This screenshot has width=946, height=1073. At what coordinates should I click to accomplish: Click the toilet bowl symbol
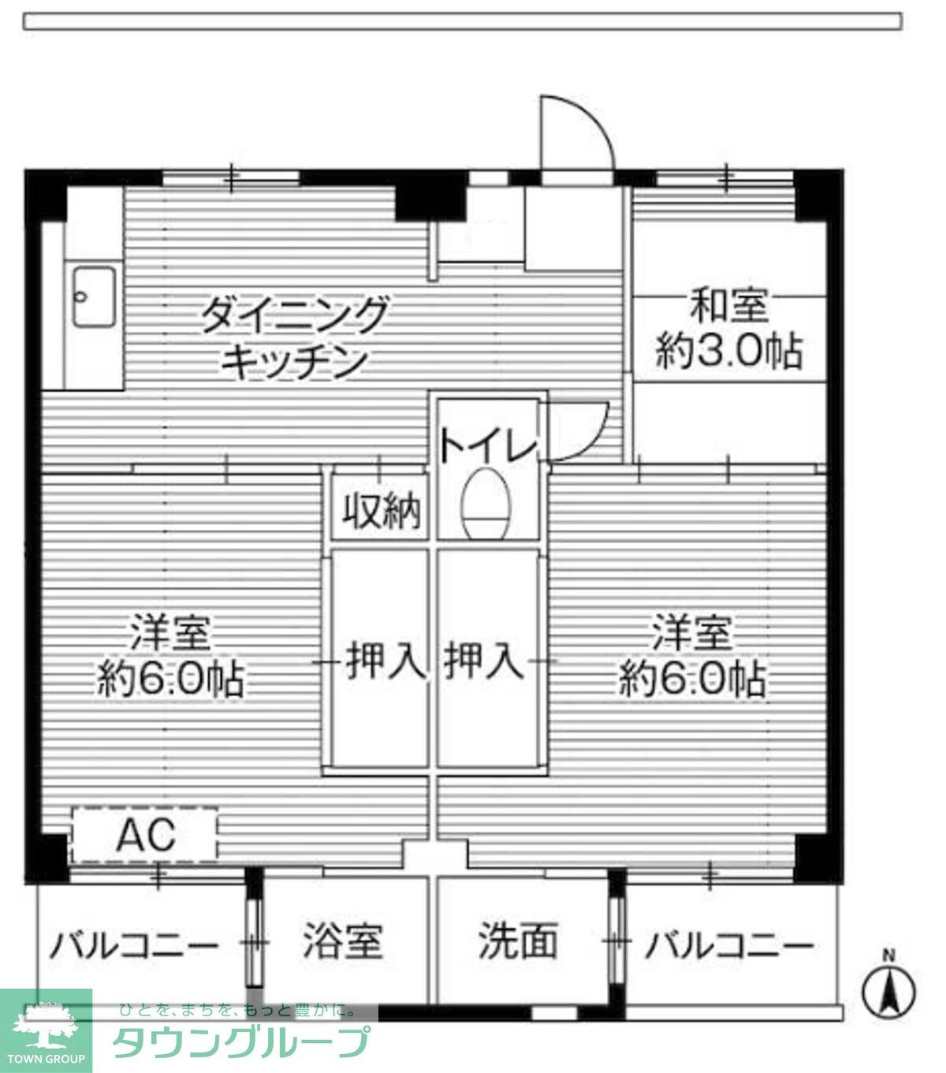pyautogui.click(x=486, y=504)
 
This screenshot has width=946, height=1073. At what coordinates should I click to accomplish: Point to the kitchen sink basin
pyautogui.click(x=95, y=297)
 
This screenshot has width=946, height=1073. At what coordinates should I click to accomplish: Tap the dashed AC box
pyautogui.click(x=144, y=835)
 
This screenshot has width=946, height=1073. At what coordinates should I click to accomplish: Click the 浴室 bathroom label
pyautogui.click(x=343, y=941)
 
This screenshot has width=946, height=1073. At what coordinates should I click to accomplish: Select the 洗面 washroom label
pyautogui.click(x=518, y=941)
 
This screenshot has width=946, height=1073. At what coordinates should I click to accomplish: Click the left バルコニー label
pyautogui.click(x=134, y=944)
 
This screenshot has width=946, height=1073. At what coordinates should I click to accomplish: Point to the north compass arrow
pyautogui.click(x=889, y=990)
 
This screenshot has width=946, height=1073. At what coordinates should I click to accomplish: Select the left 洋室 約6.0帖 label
pyautogui.click(x=170, y=656)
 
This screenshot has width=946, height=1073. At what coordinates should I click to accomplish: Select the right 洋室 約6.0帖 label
pyautogui.click(x=691, y=656)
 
